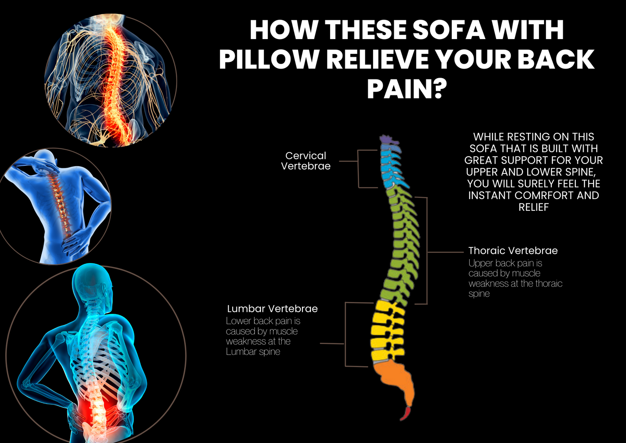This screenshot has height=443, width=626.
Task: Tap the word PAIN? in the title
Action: point(406,89)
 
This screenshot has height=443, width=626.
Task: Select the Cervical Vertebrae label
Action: point(305,161)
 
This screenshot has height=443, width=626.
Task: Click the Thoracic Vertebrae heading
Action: point(513,251)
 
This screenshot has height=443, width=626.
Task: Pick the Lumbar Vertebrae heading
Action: point(272,309)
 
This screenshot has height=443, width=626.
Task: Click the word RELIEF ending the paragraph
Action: point(534,207)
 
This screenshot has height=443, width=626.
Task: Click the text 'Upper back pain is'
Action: point(505,263)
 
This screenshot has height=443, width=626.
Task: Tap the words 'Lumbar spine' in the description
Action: point(253,352)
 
